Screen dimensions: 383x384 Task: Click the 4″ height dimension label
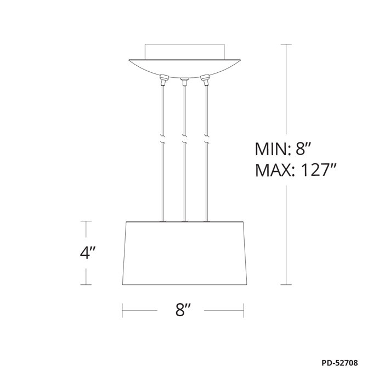click(88, 254)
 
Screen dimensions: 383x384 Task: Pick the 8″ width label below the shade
click(183, 311)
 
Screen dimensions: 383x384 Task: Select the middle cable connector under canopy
click(184, 82)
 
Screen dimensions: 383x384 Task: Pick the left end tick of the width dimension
click(122, 311)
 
